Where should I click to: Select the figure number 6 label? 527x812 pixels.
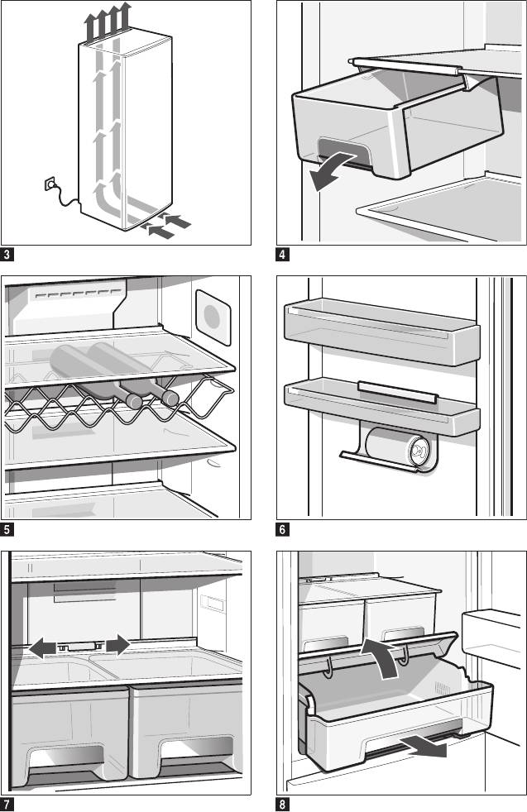pyautogui.click(x=283, y=528)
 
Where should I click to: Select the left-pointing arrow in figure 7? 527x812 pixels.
pyautogui.click(x=46, y=647)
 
